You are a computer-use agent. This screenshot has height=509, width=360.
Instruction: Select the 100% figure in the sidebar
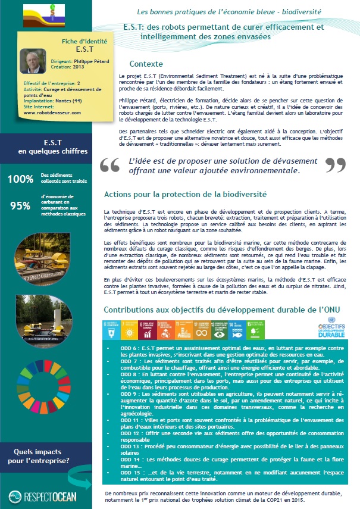pyautogui.click(x=20, y=177)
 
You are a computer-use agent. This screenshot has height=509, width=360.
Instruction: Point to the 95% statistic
pyautogui.click(x=20, y=206)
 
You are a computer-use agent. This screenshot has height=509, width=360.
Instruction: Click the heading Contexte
pyautogui.click(x=146, y=64)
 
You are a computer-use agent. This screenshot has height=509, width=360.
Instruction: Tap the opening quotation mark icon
pyautogui.click(x=110, y=164)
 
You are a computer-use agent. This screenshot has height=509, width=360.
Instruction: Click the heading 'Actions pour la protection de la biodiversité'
pyautogui.click(x=184, y=194)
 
